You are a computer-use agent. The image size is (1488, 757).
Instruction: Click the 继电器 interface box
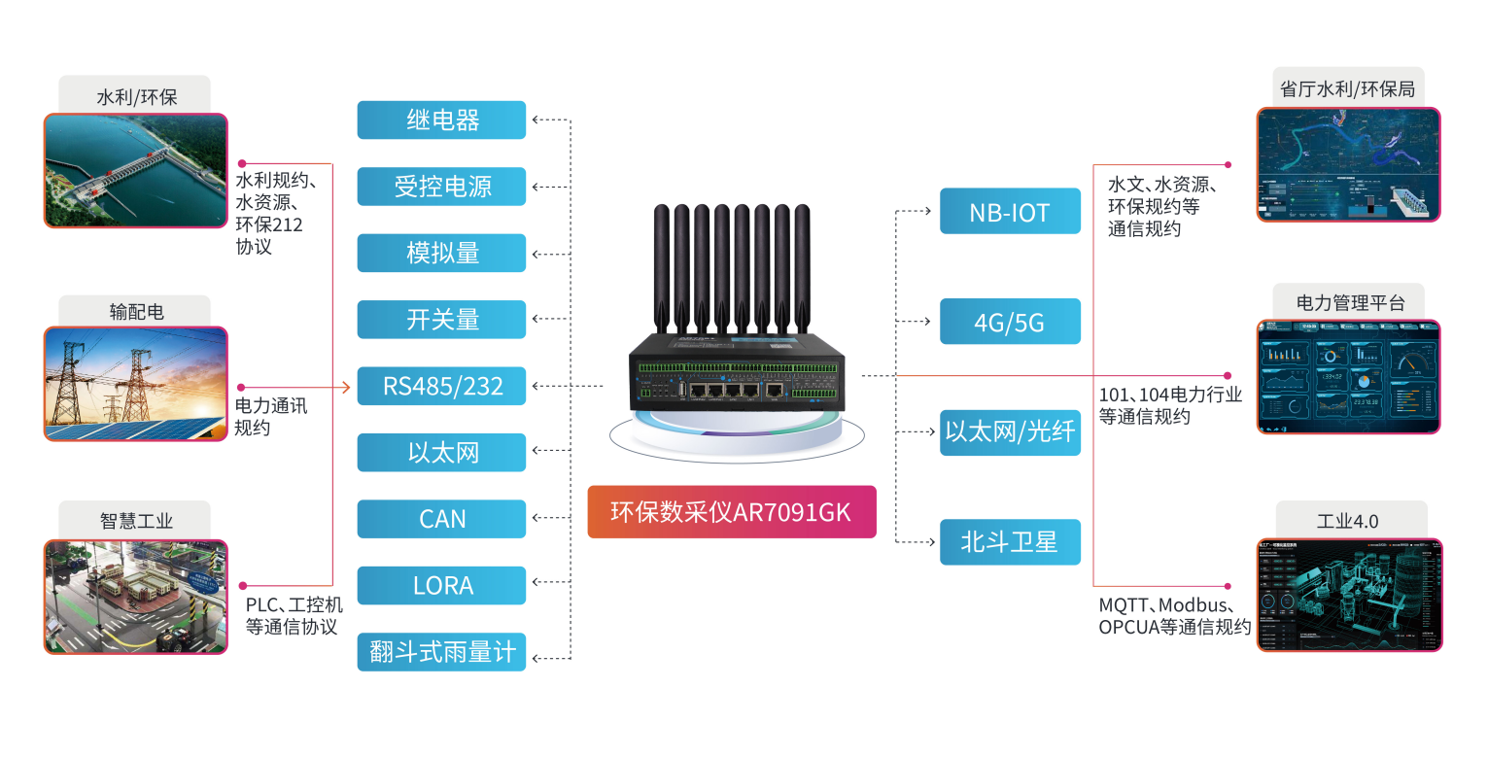coord(441,120)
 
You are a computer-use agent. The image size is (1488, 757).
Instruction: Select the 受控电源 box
coord(441,187)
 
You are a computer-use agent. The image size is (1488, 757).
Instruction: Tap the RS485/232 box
coord(441,387)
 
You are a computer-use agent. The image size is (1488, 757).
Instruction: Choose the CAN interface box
coord(441,519)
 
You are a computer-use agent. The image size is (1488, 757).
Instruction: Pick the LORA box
coord(441,586)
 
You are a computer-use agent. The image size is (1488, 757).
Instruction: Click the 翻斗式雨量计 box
coord(441,652)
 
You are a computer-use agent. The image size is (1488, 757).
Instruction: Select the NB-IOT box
coord(1010,211)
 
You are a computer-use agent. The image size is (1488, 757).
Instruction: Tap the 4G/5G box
coord(1010,322)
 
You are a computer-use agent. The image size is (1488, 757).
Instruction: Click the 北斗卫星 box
coord(1010,541)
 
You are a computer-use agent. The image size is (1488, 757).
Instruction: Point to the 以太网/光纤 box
coord(1010,432)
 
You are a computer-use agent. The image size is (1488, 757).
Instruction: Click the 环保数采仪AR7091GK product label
coord(731,512)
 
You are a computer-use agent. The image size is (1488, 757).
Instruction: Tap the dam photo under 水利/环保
coord(135,171)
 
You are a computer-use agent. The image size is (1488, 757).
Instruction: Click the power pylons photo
coord(135,384)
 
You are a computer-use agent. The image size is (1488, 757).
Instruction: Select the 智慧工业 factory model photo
coord(135,597)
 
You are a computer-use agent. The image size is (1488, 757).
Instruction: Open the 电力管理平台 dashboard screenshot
coord(1348,376)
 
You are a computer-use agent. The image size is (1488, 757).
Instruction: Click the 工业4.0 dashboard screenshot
coord(1348,595)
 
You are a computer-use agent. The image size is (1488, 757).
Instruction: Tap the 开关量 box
coord(441,320)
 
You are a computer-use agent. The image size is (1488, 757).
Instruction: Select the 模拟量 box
coord(441,253)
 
